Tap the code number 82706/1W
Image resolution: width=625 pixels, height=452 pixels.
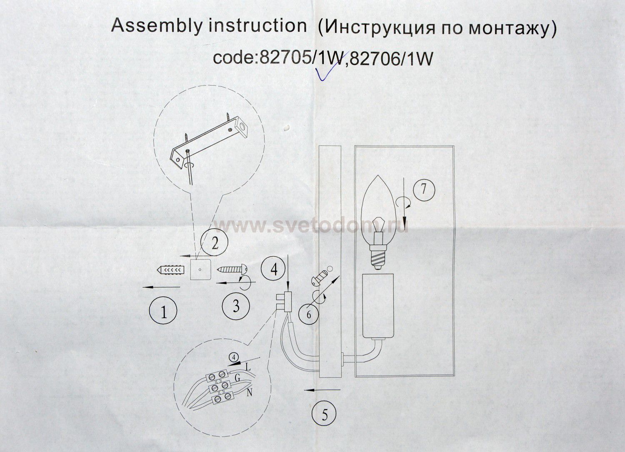coord(391,59)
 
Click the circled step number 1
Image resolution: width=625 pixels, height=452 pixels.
coord(163,310)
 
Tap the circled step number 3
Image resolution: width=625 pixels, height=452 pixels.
coord(236,306)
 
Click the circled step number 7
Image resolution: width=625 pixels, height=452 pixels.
coord(424,189)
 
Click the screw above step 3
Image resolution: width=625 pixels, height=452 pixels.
coord(231,270)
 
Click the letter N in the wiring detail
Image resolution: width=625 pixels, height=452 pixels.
coord(250,393)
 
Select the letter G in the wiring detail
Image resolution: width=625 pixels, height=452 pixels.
coord(238,378)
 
